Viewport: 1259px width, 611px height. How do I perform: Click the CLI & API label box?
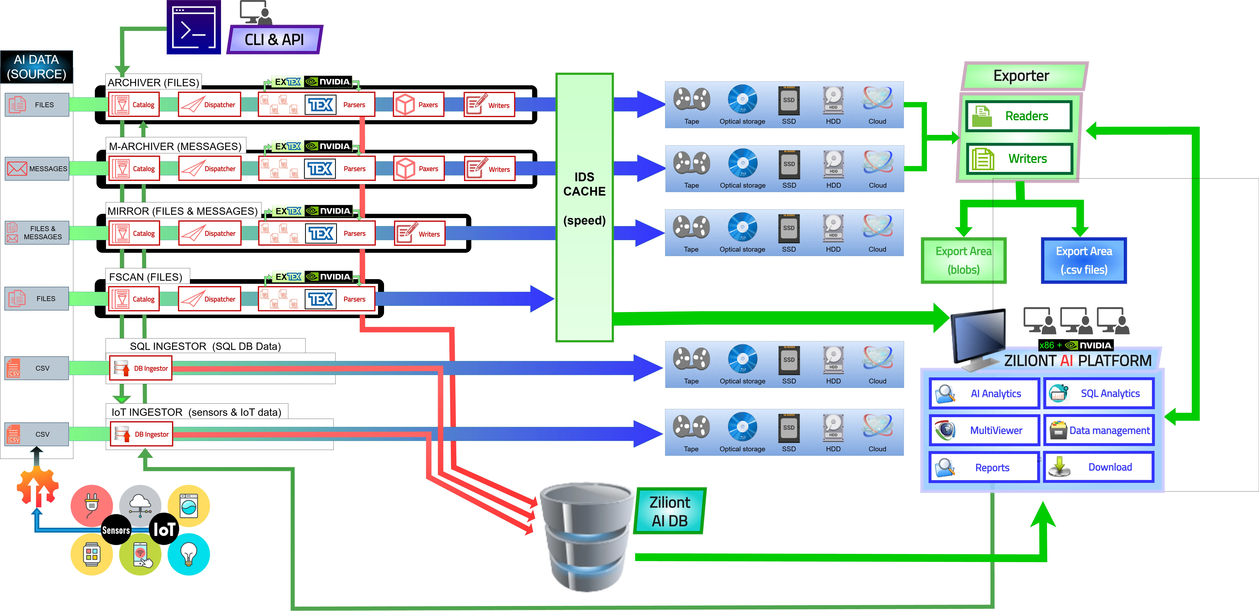(x=274, y=40)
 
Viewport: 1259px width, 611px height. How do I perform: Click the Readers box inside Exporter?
(x=1019, y=116)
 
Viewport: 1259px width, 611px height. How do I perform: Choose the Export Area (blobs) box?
(x=963, y=260)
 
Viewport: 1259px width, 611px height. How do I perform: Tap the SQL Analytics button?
(x=1099, y=393)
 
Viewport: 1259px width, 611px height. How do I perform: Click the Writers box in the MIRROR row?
(x=419, y=233)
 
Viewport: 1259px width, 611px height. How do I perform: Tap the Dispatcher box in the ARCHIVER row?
(x=210, y=104)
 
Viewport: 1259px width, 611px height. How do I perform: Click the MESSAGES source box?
(x=37, y=168)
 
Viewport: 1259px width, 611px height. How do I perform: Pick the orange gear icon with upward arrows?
(x=38, y=486)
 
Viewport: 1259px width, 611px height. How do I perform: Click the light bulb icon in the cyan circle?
(x=189, y=554)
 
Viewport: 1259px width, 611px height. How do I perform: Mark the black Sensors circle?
(x=116, y=530)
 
